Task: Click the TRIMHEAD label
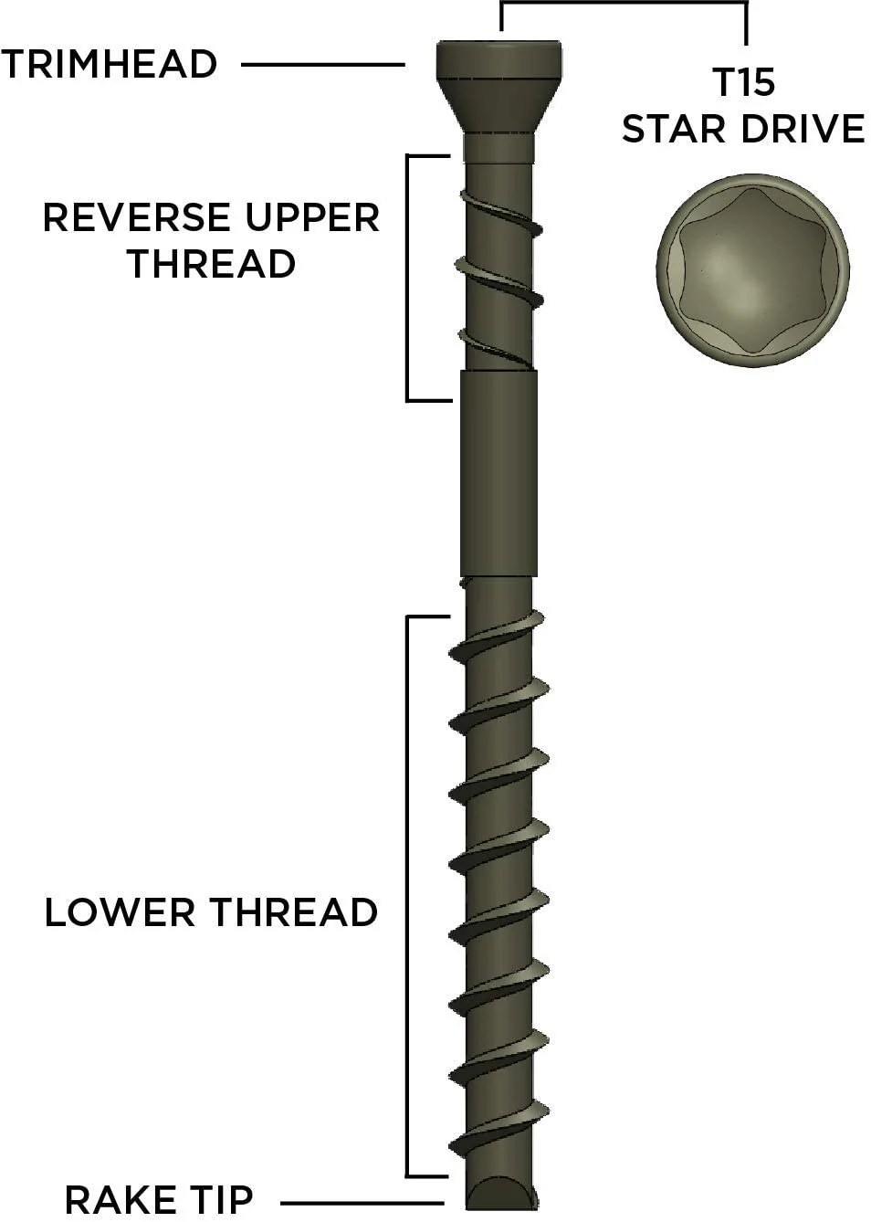[x=109, y=65]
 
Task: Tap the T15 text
[x=744, y=83]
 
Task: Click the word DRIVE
[x=803, y=129]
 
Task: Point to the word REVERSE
[x=136, y=218]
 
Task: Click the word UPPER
[x=311, y=218]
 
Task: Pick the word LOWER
[x=119, y=912]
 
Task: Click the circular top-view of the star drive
[x=752, y=270]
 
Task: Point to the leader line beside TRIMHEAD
[x=322, y=65]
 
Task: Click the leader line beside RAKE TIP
[x=362, y=1203]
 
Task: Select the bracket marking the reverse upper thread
[x=407, y=278]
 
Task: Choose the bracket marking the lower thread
[x=407, y=895]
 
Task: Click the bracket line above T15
[x=624, y=5]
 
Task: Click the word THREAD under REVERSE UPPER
[x=211, y=265]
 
